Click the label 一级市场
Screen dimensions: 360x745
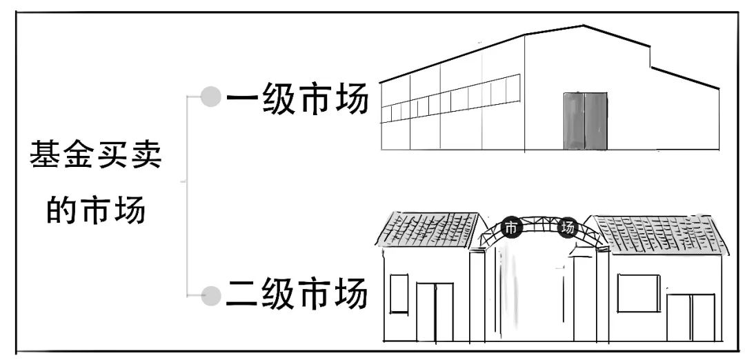point(297,101)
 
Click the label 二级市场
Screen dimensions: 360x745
point(297,294)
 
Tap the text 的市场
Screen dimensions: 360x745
point(95,209)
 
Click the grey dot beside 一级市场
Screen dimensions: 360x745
point(210,97)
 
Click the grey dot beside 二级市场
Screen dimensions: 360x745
point(210,296)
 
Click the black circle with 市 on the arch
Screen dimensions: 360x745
point(510,228)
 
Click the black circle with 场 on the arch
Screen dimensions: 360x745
point(567,228)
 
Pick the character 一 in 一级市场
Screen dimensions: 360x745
point(244,101)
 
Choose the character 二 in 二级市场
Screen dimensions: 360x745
point(244,294)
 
